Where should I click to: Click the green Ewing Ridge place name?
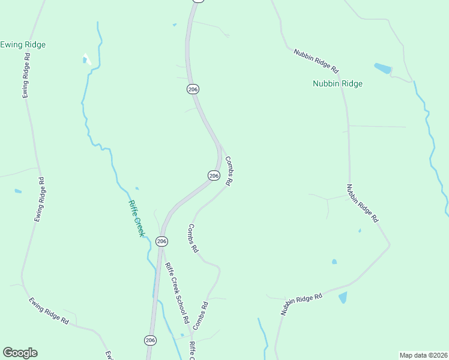point(23,45)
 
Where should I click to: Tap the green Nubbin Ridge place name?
point(337,84)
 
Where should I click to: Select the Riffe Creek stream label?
point(136,218)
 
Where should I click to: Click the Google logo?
point(20,353)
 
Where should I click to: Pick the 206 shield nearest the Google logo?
point(150,340)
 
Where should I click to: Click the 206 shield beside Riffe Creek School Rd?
point(161,241)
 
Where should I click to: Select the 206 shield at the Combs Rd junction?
point(214,175)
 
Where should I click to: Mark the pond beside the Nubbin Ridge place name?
point(382,68)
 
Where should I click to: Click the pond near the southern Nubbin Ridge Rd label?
point(343,298)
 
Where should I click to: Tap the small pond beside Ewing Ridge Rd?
point(18,191)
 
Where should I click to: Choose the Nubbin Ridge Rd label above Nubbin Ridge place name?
point(316,61)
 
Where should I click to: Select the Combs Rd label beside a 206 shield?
point(229,170)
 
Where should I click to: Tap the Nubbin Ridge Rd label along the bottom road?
point(302,304)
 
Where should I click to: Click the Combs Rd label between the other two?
point(193,238)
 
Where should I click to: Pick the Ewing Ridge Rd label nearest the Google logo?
point(49,311)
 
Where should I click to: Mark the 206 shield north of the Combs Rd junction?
point(192,89)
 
